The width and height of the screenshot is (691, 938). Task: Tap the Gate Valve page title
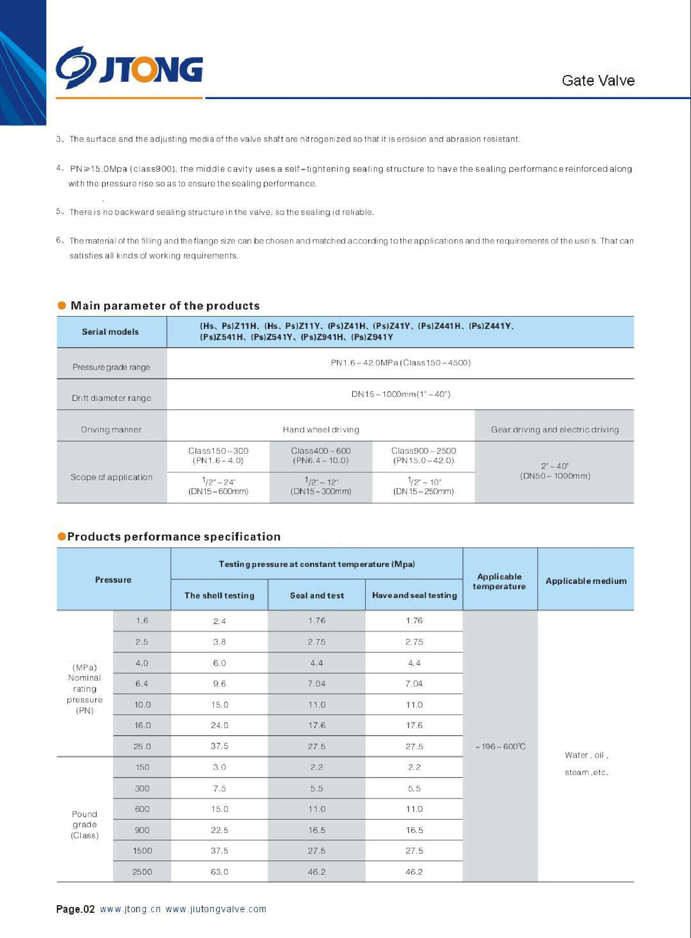pos(598,81)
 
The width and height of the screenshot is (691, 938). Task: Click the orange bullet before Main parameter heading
pos(62,305)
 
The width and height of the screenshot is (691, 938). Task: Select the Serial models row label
pos(110,332)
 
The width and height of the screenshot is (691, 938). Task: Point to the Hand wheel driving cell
pos(321,430)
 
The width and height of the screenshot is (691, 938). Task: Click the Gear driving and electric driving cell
pos(554,430)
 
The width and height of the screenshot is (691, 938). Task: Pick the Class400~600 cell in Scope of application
pos(321,456)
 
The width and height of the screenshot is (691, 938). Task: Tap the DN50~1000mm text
pos(555,476)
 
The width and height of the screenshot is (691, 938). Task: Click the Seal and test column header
pos(316,596)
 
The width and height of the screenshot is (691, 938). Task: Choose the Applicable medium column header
pos(586,581)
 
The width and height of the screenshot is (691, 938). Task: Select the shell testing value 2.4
pos(219,621)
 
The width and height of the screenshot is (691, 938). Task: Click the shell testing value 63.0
pos(219,872)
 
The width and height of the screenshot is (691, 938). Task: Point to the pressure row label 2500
pos(142,872)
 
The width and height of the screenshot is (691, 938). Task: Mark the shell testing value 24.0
pos(219,725)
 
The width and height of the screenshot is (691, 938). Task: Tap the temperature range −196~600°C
pos(500,746)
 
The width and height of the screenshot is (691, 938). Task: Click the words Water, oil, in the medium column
pos(586,755)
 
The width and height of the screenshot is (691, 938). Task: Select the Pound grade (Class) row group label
pos(84,824)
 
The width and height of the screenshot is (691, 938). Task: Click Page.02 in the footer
pos(75,909)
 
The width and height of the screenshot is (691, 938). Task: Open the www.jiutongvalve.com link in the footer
pos(216,909)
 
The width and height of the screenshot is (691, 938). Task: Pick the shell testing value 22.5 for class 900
pos(219,830)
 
